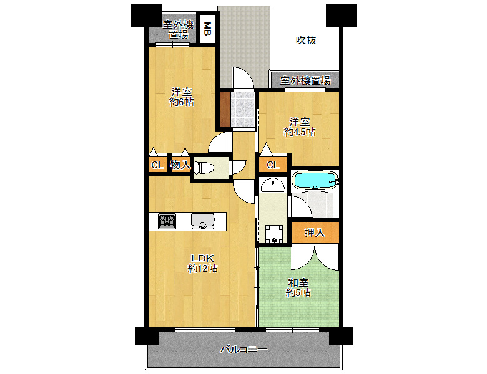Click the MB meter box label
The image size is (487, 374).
[x=207, y=29]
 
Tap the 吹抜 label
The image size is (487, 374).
[x=306, y=41]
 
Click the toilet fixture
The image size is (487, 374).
[x=204, y=168]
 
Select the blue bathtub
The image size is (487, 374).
[x=315, y=180]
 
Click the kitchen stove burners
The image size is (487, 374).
[x=167, y=221]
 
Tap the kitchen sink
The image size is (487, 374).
[x=203, y=221]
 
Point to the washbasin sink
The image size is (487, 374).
[x=273, y=185]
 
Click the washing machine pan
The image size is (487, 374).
[x=274, y=234]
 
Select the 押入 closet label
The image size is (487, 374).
[x=315, y=233]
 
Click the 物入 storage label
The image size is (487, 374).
[x=180, y=165]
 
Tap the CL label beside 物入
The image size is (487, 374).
[x=157, y=165]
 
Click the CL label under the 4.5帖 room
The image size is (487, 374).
[x=273, y=165]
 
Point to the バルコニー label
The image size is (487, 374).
[x=243, y=350]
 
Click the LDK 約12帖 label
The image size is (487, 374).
[x=202, y=263]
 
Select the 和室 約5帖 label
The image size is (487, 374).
[x=298, y=287]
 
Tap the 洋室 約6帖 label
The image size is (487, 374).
[x=182, y=97]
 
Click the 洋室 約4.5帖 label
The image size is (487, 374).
[x=300, y=127]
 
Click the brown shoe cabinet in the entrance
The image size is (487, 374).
[x=225, y=110]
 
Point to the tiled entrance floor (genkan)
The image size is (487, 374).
[x=243, y=110]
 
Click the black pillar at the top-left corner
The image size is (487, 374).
[x=146, y=16]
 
